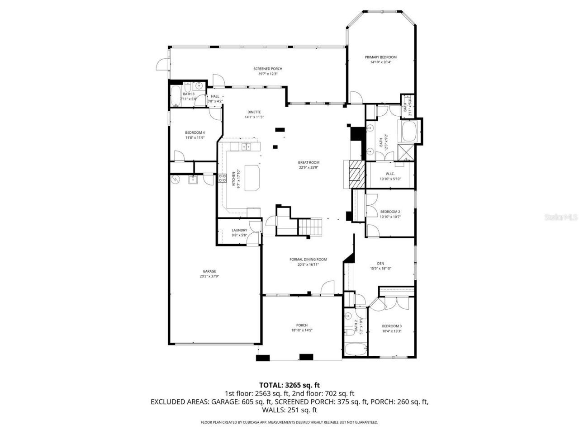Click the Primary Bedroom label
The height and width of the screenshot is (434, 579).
380,57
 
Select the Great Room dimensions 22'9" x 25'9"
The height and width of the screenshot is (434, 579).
308,168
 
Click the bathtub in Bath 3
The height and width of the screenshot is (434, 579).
175,96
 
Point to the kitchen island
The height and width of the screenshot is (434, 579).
253,178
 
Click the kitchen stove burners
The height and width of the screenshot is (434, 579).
222,178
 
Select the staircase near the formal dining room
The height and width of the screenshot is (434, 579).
311,226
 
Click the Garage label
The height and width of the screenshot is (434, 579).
209,271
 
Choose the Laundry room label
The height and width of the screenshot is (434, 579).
239,230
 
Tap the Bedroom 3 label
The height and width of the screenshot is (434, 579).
391,326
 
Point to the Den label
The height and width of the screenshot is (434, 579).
380,264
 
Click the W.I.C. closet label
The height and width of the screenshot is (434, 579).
390,174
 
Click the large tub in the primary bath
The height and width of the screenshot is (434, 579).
409,132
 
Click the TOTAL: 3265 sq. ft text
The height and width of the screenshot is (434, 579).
289,385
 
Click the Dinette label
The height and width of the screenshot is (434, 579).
254,112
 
